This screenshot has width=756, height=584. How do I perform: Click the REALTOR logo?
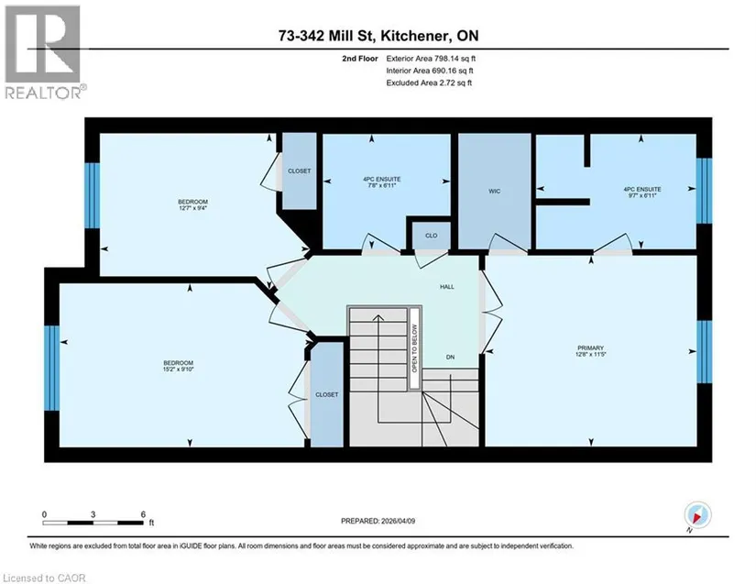45,51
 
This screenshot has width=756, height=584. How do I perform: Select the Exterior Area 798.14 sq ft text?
431,59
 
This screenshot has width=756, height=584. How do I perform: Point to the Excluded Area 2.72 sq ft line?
429,83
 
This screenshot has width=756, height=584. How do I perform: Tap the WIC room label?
494,192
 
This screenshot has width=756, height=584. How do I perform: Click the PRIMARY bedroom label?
591,347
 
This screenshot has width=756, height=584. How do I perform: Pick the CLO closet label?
431,236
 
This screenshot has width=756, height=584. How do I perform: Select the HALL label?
447,286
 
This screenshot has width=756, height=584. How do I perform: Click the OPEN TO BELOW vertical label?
414,347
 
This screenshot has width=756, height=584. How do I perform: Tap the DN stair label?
450,358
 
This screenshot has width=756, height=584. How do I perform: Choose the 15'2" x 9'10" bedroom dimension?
179,369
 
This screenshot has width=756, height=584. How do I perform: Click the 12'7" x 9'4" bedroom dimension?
192,208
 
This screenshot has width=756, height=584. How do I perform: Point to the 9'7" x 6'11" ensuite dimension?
642,195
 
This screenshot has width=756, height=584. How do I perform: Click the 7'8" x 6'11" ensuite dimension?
382,185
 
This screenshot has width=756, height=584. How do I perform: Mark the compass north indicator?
697,515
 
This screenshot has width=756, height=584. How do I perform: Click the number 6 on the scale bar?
143,514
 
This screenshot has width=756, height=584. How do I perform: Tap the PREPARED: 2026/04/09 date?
378,521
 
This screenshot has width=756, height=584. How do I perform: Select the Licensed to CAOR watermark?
44,578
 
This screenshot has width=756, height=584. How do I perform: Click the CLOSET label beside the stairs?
327,394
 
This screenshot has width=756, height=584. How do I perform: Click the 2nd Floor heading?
360,59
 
